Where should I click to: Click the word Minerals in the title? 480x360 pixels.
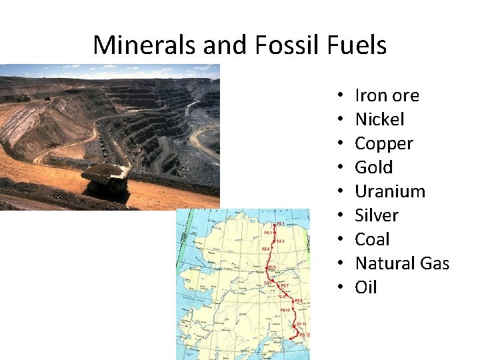click(137, 45)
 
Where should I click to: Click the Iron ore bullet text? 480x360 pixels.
click(387, 95)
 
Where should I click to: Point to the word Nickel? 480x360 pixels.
click(379, 119)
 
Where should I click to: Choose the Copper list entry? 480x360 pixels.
click(384, 143)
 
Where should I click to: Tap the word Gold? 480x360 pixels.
click(373, 167)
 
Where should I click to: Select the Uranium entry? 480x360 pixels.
click(390, 191)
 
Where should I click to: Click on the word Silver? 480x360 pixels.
click(377, 215)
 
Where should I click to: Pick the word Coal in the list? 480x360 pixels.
click(373, 239)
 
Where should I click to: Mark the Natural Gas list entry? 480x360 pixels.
click(402, 263)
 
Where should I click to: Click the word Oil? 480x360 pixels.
click(366, 287)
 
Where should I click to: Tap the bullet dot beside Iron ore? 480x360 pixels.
click(340, 96)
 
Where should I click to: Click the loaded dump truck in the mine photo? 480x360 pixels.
click(106, 179)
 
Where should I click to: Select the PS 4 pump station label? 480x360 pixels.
click(265, 249)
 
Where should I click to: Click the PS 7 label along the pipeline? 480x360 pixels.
click(285, 285)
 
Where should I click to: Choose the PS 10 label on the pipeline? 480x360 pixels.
click(285, 310)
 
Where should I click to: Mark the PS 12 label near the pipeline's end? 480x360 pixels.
click(305, 335)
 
